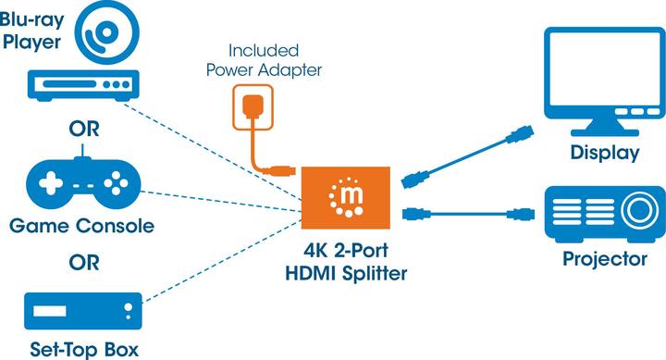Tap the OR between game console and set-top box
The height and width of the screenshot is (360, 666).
81,263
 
